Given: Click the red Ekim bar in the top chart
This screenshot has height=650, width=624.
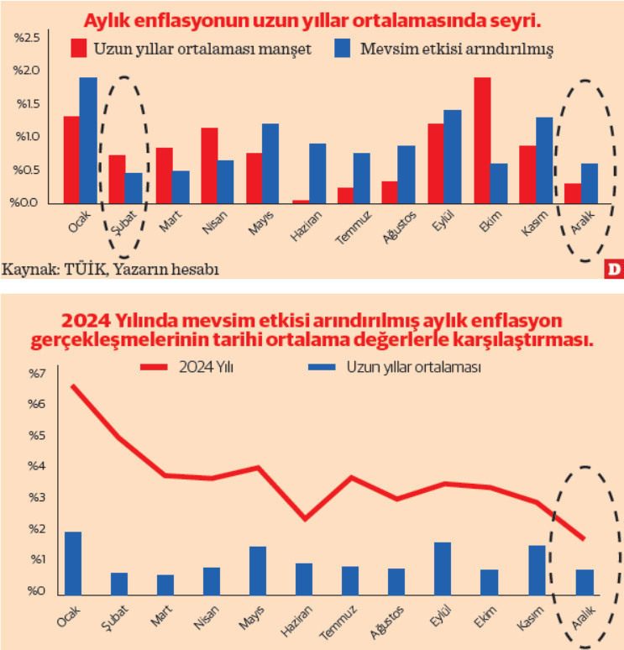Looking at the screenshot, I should click(x=482, y=140).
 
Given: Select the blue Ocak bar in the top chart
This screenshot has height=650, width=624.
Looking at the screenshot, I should click(x=88, y=140).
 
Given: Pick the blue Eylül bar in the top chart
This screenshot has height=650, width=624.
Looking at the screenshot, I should click(x=452, y=156).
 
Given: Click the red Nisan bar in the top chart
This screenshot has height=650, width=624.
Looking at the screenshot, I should click(x=209, y=165).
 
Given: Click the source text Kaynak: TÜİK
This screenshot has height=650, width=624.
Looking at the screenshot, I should click(x=50, y=270).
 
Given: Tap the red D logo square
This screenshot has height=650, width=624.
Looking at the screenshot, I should click(x=612, y=270).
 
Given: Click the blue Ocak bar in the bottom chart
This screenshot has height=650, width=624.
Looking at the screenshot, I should click(x=73, y=562).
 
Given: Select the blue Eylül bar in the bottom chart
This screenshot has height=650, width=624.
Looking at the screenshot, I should click(x=443, y=567).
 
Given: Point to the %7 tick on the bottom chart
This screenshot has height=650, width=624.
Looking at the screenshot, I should click(x=32, y=373).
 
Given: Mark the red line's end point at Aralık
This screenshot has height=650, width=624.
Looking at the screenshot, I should click(x=583, y=538).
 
